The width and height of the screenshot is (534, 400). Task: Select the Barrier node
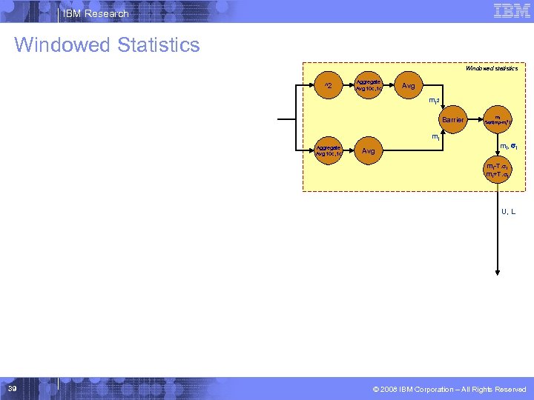click(x=452, y=119)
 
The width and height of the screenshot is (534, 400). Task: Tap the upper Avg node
click(x=408, y=87)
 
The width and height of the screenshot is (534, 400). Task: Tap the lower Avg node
click(x=369, y=152)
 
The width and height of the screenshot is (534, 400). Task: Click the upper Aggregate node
click(x=369, y=87)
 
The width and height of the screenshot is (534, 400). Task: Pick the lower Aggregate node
click(x=329, y=152)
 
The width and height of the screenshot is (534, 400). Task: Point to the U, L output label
click(x=508, y=212)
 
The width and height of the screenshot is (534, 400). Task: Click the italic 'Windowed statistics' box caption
click(x=491, y=68)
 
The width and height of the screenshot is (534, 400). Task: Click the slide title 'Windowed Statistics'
click(x=107, y=45)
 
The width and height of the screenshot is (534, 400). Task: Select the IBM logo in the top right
click(x=511, y=10)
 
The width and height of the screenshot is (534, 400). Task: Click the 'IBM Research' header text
click(x=96, y=13)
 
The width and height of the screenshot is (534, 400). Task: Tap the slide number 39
click(x=13, y=388)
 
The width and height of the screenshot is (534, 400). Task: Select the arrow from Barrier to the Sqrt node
click(x=475, y=119)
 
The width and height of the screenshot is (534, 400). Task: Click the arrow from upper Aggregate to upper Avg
click(x=388, y=87)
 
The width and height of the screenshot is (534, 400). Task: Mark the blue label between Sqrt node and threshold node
click(x=508, y=147)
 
